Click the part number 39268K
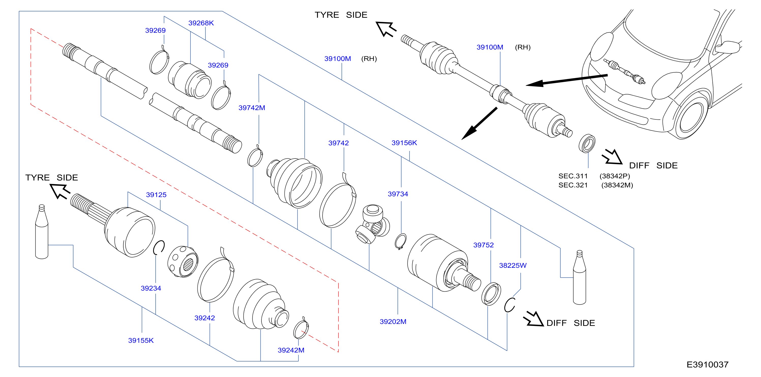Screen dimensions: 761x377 click(x=201, y=23)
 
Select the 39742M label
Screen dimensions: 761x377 click(x=252, y=108)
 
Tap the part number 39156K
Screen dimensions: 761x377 click(x=404, y=143)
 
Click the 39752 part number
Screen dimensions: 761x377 click(x=483, y=245)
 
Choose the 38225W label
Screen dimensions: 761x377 click(x=513, y=265)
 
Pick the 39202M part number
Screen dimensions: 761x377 click(x=393, y=322)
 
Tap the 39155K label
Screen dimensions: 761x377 click(x=141, y=340)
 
